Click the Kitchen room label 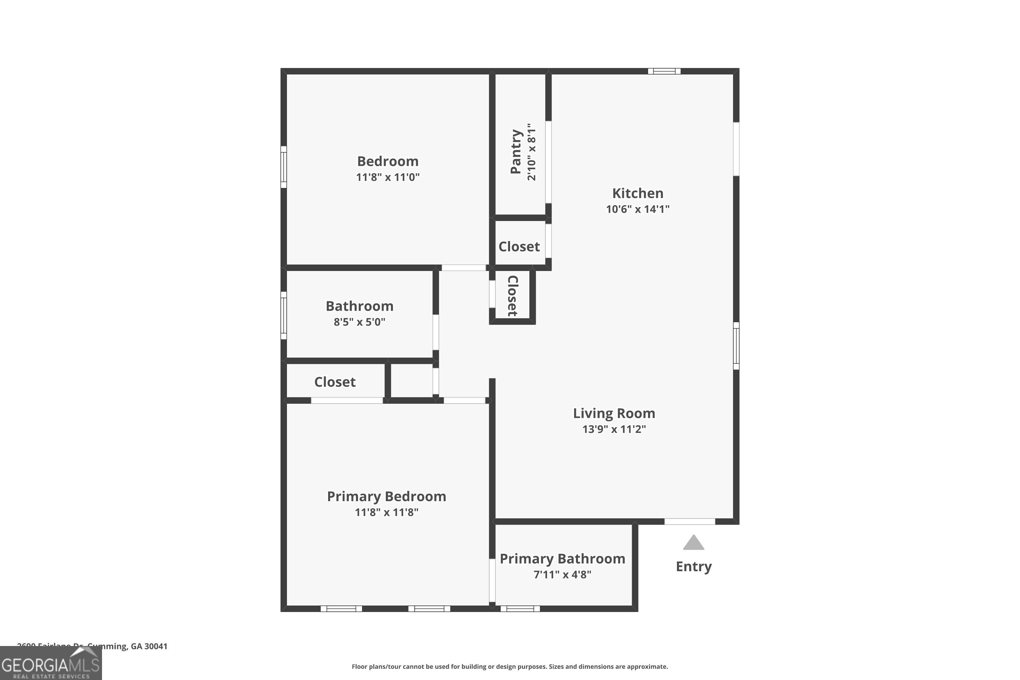point(637,193)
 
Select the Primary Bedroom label point(386,496)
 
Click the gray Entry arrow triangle point(694,543)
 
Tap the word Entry point(694,566)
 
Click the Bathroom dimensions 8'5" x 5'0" point(359,322)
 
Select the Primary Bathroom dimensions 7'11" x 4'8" point(562,574)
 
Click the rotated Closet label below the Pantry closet point(513,296)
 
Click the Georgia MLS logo point(51,663)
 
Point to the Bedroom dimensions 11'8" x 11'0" point(388,177)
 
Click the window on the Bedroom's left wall point(284,167)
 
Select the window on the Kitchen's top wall point(664,71)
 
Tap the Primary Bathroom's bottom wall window point(520,609)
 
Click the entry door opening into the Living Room point(690,521)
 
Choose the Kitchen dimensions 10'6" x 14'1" point(637,209)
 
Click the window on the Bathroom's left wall point(284,315)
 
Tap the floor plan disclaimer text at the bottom point(510,666)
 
